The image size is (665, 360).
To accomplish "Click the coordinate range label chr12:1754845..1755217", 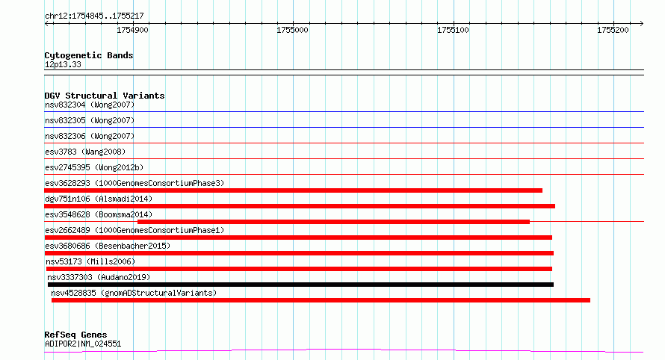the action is point(94,16).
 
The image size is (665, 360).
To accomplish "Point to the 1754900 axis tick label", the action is point(132,30).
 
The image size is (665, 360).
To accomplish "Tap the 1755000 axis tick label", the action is point(292,30).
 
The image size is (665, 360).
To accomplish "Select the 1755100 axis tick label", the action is point(453,30).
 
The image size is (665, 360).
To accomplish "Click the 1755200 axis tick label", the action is point(613,30).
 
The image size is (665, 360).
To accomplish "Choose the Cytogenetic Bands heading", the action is point(89,55).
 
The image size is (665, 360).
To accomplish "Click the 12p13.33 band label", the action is point(63,64).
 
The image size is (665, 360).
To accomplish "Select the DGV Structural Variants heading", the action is point(105,96).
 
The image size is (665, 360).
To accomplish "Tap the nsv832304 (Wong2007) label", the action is point(90,105).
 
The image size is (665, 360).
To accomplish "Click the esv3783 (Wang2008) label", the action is point(85,152).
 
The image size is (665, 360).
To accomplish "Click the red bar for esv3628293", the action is point(293,190).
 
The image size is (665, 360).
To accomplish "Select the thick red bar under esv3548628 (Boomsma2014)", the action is point(333,222).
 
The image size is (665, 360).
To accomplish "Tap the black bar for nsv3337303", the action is point(300,285).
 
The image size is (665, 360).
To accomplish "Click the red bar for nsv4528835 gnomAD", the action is point(321,300).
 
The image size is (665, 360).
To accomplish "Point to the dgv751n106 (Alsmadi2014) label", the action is point(99,199).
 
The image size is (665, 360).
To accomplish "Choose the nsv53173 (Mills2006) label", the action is point(90,261).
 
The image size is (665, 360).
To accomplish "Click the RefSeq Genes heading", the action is point(75,335).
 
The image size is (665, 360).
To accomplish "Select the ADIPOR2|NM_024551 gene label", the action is point(83,344).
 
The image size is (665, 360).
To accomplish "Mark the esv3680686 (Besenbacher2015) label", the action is point(108,246).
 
